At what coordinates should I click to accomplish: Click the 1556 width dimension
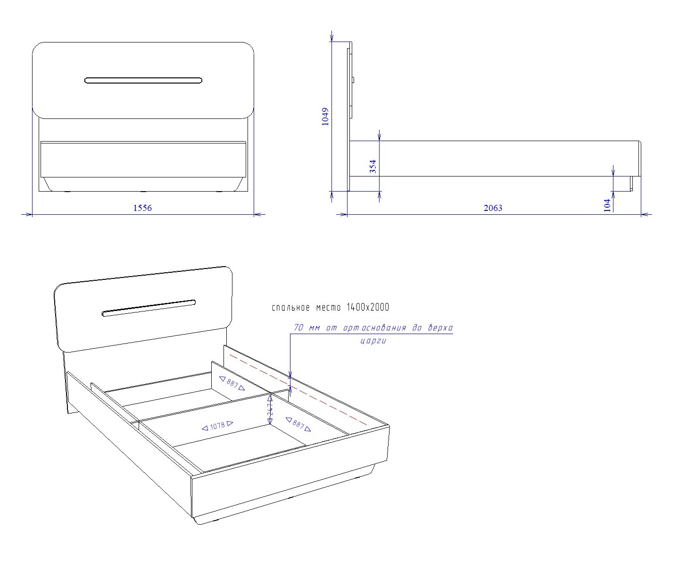(142, 208)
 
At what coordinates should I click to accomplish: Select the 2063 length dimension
(493, 208)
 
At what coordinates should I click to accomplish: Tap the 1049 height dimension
(325, 117)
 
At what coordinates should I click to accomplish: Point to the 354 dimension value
(373, 166)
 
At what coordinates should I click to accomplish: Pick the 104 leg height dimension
(607, 206)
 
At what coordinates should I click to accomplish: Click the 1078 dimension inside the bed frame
(217, 426)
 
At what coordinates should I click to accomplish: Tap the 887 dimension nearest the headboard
(232, 383)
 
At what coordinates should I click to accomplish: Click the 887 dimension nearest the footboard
(298, 424)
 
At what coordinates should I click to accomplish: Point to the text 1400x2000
(368, 307)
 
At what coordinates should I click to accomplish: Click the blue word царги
(373, 341)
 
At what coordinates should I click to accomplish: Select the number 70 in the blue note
(298, 328)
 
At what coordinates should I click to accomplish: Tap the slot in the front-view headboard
(143, 80)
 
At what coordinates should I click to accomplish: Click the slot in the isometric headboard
(149, 308)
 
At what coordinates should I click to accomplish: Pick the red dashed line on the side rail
(298, 390)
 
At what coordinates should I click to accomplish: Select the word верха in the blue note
(440, 328)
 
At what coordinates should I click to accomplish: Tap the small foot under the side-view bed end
(631, 184)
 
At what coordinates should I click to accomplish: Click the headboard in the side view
(349, 116)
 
